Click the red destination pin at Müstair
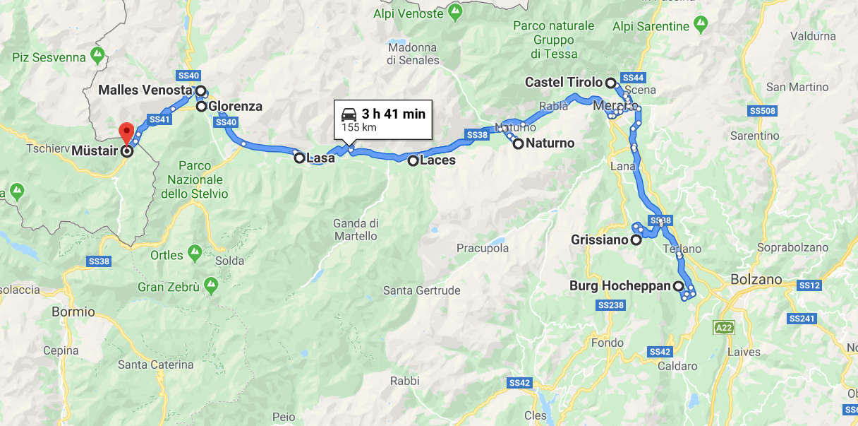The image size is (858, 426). [x=127, y=131]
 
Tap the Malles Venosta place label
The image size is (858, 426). [x=145, y=90]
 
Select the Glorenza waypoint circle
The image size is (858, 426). [x=201, y=107]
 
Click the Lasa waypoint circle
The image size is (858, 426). [x=300, y=158]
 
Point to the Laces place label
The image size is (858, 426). [x=437, y=160]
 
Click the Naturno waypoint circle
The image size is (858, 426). [x=519, y=143]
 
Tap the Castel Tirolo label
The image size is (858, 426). [x=564, y=83]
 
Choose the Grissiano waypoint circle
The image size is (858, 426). [x=636, y=240]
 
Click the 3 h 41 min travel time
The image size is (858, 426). [x=394, y=114]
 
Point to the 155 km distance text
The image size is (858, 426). [x=360, y=127]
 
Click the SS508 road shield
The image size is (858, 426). [x=763, y=111]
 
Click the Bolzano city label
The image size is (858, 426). [x=756, y=279]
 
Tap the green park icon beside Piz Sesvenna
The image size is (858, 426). [x=98, y=55]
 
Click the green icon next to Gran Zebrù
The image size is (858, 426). [x=210, y=286]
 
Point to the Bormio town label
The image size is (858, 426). [x=73, y=312]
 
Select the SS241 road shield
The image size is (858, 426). [x=801, y=319]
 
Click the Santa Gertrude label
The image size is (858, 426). [x=421, y=290]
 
